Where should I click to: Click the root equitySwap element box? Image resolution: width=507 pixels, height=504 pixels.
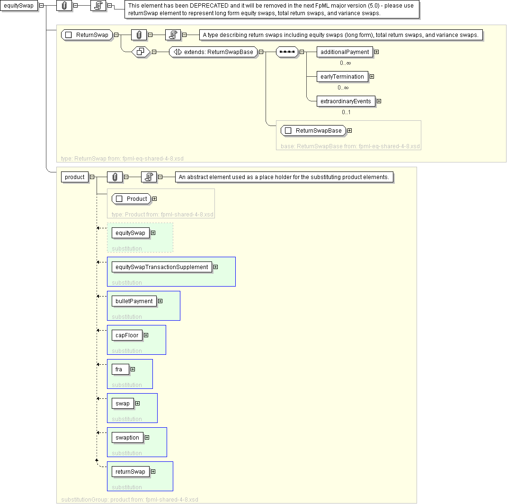18,6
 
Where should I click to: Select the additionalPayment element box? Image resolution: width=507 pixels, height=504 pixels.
344,52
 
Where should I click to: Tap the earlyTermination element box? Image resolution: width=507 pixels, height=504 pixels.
342,76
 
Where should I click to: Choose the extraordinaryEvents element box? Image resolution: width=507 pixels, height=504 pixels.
346,101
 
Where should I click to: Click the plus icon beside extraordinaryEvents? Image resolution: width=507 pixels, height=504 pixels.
379,101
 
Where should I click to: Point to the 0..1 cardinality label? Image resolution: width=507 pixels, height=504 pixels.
346,112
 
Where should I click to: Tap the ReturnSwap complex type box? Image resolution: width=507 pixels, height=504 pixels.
88,35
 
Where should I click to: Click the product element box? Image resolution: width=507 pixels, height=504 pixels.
74,177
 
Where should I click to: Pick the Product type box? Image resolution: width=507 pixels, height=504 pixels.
132,198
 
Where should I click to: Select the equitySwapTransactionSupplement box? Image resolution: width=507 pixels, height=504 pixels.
161,267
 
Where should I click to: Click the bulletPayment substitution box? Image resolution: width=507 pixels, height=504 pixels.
134,301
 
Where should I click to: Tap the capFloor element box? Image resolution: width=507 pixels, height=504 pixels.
127,335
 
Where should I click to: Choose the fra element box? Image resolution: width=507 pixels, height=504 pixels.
120,369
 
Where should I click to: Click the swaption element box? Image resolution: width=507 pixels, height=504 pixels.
127,437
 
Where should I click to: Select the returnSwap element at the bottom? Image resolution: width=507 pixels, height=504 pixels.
130,471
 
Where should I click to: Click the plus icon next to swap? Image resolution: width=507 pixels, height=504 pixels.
137,403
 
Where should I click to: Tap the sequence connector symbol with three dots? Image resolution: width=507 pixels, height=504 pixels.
287,52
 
